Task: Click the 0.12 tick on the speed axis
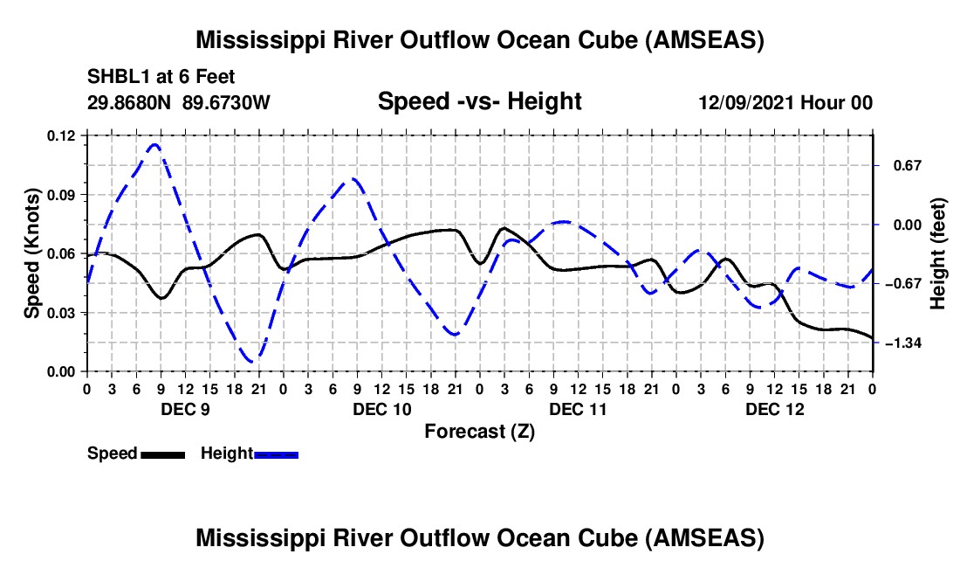pos(63,135)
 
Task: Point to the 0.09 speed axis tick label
pos(63,194)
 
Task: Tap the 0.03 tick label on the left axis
pos(63,313)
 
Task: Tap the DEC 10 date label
pos(381,408)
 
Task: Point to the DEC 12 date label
pos(774,408)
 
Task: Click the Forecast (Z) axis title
pos(479,431)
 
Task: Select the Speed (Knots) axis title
pos(32,253)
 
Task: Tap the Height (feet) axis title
pos(938,253)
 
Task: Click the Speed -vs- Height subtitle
pos(479,101)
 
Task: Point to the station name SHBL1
pos(113,78)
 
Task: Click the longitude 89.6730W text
pos(227,102)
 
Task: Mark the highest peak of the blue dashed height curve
pos(155,144)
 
